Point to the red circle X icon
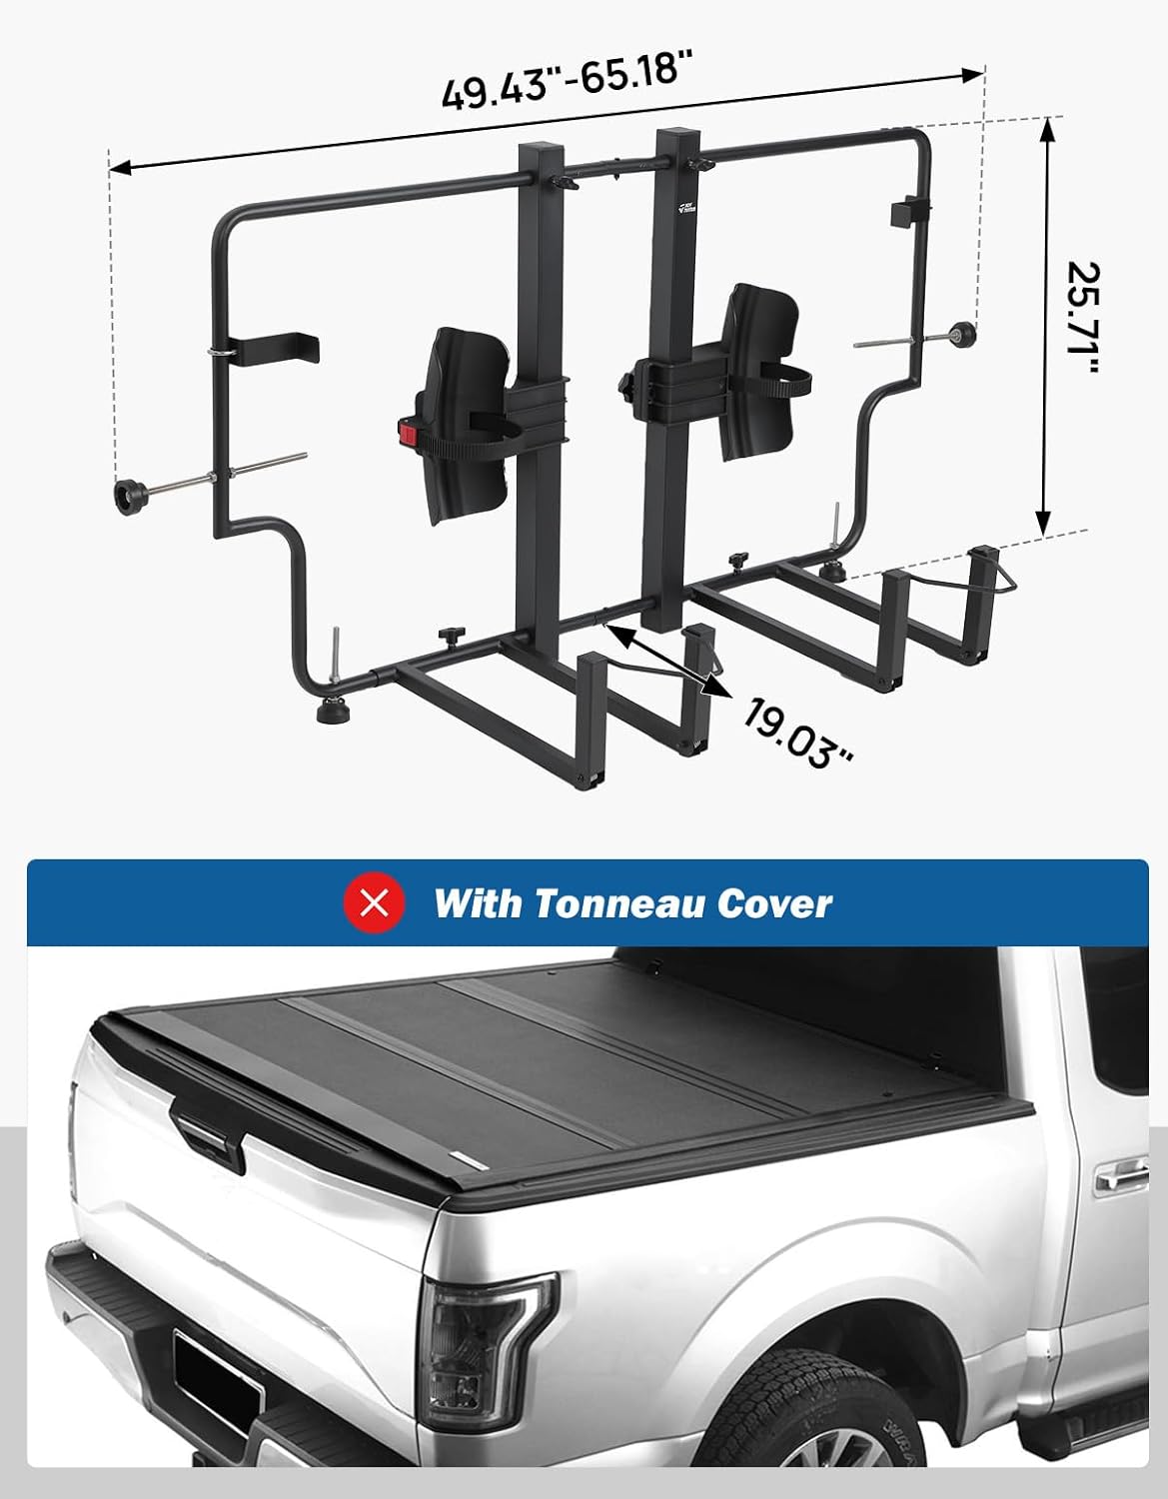click(375, 903)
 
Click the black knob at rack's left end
click(131, 497)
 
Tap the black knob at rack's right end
click(963, 333)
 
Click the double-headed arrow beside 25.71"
click(1046, 326)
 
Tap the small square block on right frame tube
click(907, 213)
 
